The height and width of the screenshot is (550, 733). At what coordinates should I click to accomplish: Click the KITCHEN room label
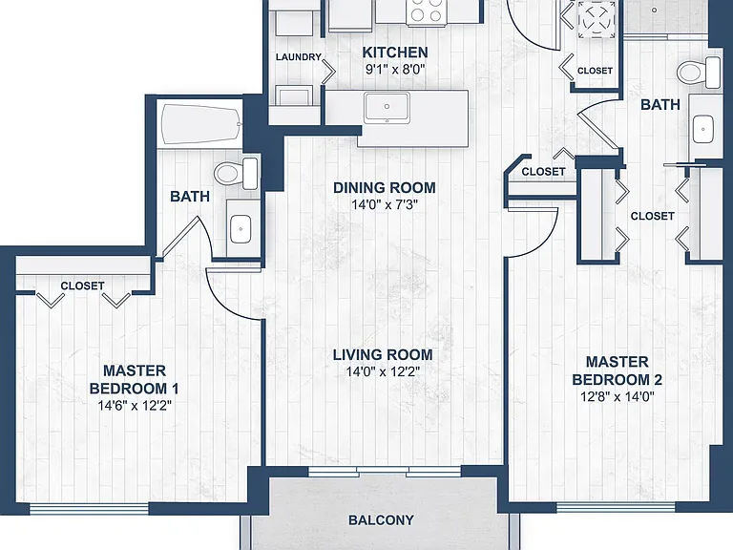tap(395, 53)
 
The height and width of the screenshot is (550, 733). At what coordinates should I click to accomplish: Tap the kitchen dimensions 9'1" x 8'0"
tap(395, 70)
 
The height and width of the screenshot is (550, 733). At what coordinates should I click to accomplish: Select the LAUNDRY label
tap(298, 57)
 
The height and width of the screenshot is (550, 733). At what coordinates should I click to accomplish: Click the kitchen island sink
tap(387, 108)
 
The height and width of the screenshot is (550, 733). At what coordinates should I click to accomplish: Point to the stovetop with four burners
tap(426, 11)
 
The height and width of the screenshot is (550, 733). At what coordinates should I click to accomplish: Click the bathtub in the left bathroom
tap(201, 125)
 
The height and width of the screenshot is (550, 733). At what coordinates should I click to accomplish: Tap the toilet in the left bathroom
tap(236, 174)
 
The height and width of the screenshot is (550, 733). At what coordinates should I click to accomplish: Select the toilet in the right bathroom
tap(699, 73)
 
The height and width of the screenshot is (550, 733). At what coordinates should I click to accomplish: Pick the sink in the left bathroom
tap(241, 229)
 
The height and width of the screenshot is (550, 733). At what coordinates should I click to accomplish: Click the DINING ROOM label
tap(385, 188)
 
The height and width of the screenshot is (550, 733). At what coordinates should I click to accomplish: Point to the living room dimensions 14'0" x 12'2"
tap(383, 371)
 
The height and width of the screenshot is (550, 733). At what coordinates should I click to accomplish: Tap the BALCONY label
tap(381, 520)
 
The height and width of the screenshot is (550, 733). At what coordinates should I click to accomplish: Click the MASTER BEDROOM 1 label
tap(135, 379)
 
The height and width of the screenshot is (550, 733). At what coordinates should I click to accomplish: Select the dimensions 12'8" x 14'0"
tap(618, 397)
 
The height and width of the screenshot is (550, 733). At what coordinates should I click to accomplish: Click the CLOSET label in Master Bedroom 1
tap(82, 286)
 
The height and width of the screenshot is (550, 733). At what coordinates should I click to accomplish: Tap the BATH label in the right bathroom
tap(660, 105)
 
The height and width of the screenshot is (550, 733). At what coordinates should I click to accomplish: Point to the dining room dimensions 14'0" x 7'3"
tap(385, 205)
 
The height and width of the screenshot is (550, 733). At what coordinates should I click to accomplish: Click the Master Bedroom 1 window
tap(90, 508)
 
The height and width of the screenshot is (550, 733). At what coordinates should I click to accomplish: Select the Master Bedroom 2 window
tap(616, 507)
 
